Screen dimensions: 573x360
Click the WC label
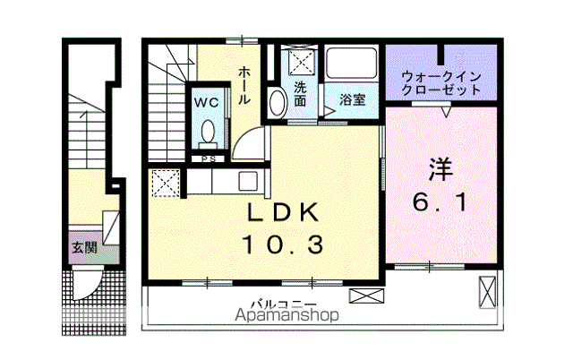coord(207,103)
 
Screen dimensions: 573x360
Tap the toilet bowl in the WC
coord(209,132)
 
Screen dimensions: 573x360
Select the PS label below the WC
coord(209,159)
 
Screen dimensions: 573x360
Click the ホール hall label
coord(244,85)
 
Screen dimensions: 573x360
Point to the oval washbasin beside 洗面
coord(278,102)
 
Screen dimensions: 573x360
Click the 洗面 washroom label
coord(300,94)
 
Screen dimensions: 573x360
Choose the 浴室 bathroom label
coord(352,99)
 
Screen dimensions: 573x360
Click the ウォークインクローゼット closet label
coord(441,83)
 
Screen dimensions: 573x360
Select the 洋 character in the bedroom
coord(440,169)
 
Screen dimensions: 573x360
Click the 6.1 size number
coord(440,202)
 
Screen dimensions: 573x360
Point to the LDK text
coord(283,212)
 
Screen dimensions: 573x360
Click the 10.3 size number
coord(283,244)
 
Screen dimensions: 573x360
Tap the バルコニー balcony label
coord(284,304)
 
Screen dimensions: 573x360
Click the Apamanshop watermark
coord(286,315)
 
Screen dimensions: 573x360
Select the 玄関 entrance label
coord(84,247)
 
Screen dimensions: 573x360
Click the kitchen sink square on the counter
coord(248,181)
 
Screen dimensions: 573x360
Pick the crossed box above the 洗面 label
coord(302,63)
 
